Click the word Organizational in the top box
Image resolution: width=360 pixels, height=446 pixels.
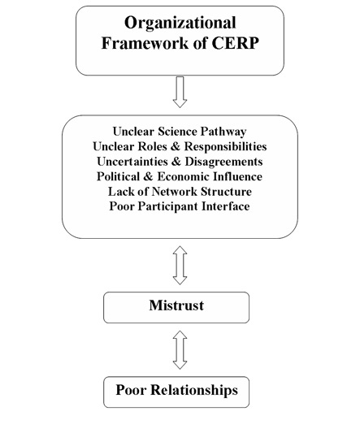180,24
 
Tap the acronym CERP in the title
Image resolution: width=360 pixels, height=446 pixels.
235,43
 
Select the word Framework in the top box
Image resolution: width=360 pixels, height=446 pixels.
145,43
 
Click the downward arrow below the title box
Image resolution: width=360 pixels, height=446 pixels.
180,92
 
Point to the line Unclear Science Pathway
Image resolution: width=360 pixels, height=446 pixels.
180,132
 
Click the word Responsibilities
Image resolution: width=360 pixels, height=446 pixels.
226,147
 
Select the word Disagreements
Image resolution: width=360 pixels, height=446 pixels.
223,162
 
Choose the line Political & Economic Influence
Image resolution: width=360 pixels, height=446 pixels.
180,176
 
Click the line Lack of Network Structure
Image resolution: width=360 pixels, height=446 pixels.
180,192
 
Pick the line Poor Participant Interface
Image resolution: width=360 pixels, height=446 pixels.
180,206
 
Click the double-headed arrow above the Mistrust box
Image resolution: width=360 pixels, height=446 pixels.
180,266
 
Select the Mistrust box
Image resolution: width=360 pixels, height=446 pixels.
176,307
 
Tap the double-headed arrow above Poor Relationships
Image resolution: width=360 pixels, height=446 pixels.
180,350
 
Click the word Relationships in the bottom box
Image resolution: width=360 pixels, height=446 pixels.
194,390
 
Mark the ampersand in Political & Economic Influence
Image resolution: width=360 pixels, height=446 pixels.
148,176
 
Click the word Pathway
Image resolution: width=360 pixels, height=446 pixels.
223,132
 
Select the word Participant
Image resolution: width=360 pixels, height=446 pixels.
168,207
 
